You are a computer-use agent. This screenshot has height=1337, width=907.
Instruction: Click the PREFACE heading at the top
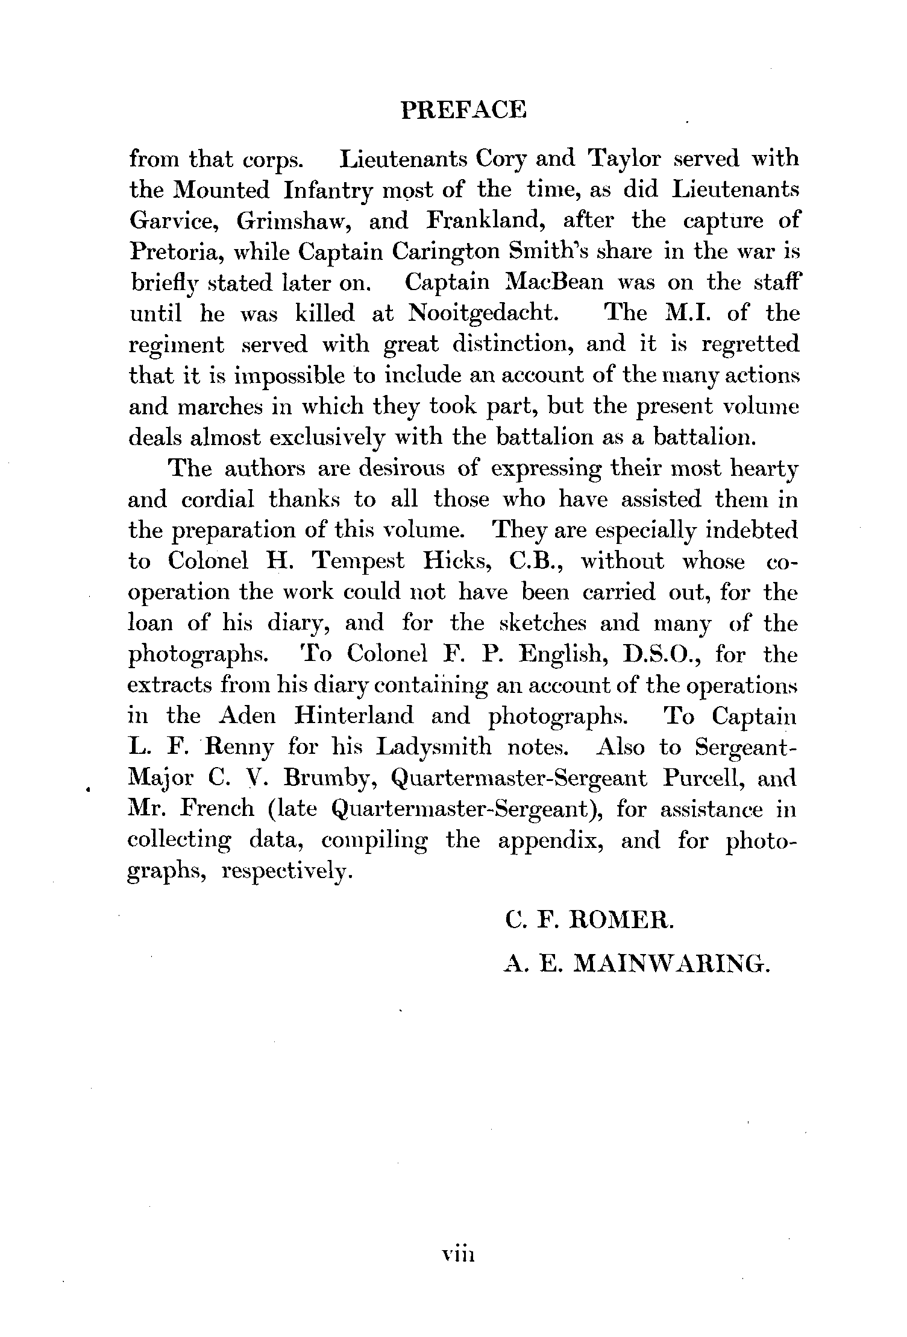463,110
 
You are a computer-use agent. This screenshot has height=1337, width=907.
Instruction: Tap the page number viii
459,1255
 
